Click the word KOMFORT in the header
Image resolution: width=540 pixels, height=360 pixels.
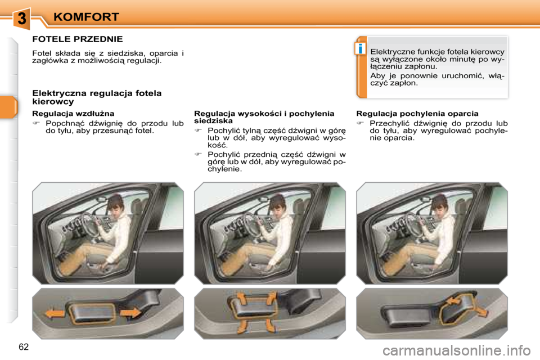click(86, 17)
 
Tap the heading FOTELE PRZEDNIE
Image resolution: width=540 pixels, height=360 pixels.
click(78, 39)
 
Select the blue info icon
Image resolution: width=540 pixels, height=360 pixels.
click(359, 49)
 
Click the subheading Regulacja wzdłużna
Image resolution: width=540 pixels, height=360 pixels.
click(65, 114)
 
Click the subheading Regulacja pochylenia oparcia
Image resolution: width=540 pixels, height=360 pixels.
click(417, 114)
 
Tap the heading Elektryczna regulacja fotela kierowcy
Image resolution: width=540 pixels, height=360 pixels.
click(97, 97)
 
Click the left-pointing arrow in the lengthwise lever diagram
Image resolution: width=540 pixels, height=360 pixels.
click(55, 313)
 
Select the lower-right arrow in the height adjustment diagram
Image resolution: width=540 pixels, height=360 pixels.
click(272, 325)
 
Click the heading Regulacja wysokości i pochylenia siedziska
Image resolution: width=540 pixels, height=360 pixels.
click(264, 117)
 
